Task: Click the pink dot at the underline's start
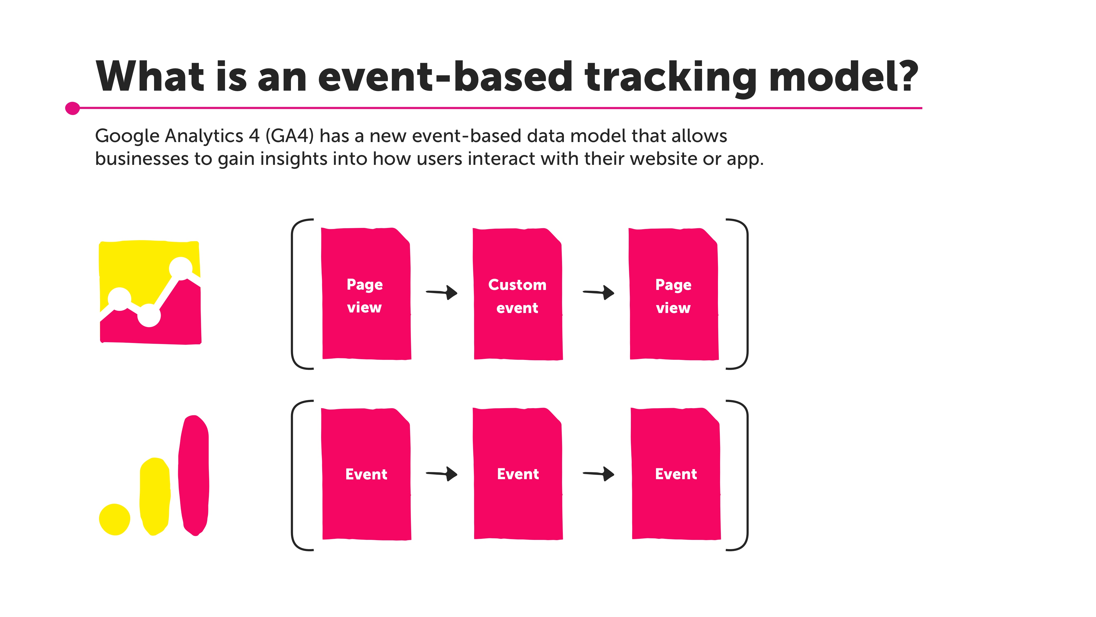pyautogui.click(x=72, y=108)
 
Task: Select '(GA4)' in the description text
pyautogui.click(x=289, y=136)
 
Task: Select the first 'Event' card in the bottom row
pyautogui.click(x=366, y=474)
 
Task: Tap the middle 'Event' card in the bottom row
pyautogui.click(x=518, y=474)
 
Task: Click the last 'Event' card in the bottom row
pyautogui.click(x=676, y=474)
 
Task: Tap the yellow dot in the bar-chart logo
pyautogui.click(x=114, y=519)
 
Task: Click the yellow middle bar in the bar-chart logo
pyautogui.click(x=155, y=496)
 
